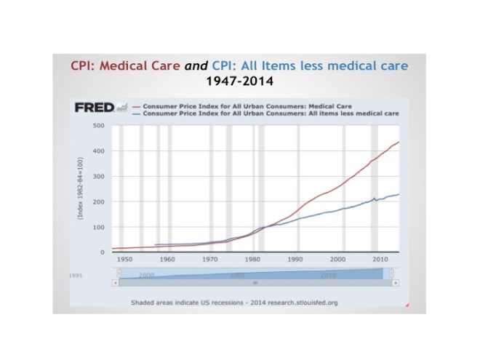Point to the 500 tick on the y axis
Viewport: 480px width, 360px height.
point(100,126)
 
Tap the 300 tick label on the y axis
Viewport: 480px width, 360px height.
point(100,177)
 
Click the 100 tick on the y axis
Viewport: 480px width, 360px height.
point(100,228)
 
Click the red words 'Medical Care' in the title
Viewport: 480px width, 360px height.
point(135,65)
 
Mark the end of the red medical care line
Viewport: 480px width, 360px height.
point(399,142)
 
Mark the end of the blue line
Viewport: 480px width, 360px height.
point(399,193)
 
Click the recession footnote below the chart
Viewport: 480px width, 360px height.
point(235,301)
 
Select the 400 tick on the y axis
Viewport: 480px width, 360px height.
point(100,151)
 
